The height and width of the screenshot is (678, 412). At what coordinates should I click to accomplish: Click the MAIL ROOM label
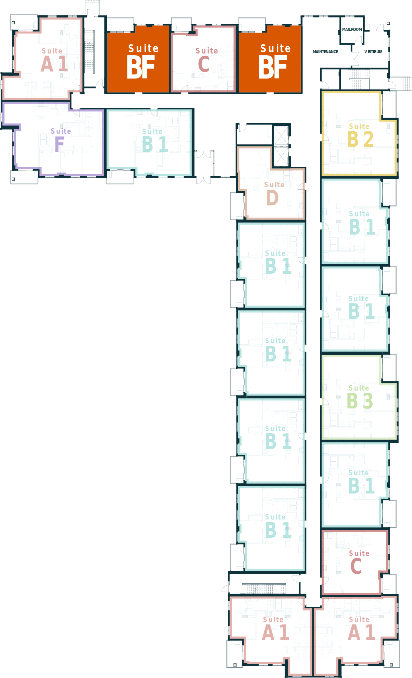(x=352, y=29)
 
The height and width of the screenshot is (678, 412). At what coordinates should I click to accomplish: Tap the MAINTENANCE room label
(x=325, y=52)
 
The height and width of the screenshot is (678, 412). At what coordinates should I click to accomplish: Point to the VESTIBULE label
(x=373, y=52)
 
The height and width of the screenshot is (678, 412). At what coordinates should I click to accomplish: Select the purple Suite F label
(x=61, y=140)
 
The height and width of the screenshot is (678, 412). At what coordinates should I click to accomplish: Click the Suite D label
(x=274, y=193)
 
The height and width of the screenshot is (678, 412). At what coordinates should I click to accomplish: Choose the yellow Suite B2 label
(x=360, y=135)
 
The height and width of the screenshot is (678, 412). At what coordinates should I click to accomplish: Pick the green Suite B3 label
(x=359, y=397)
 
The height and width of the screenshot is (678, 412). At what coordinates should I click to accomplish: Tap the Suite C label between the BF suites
(x=207, y=60)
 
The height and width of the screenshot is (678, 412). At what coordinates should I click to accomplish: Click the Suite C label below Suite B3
(x=359, y=562)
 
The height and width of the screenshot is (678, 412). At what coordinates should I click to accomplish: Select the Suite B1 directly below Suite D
(x=278, y=262)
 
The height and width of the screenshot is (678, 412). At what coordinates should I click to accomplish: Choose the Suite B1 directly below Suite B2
(x=361, y=223)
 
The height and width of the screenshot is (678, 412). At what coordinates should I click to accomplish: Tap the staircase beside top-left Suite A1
(x=89, y=51)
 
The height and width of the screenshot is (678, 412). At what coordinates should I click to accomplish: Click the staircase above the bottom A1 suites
(x=264, y=588)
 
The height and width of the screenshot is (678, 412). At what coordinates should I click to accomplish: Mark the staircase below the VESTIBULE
(x=359, y=79)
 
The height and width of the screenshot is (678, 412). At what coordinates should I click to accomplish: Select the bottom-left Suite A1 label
(x=275, y=629)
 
